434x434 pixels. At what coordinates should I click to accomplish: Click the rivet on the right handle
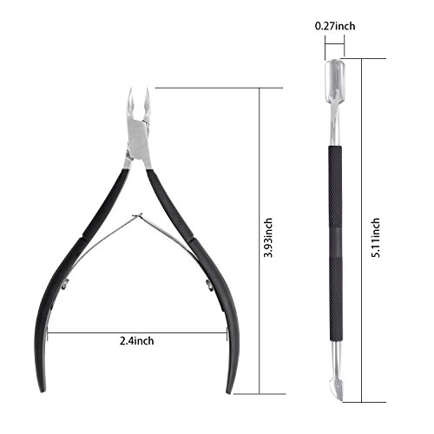209,284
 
